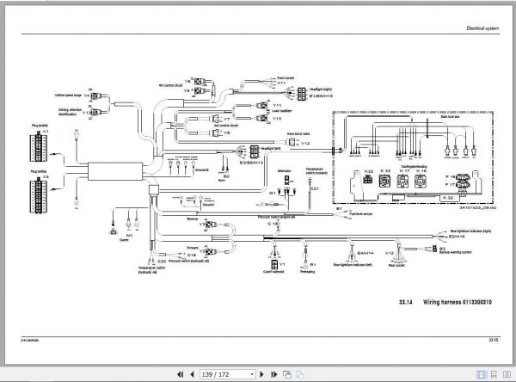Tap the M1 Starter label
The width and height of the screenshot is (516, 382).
(x=130, y=236)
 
